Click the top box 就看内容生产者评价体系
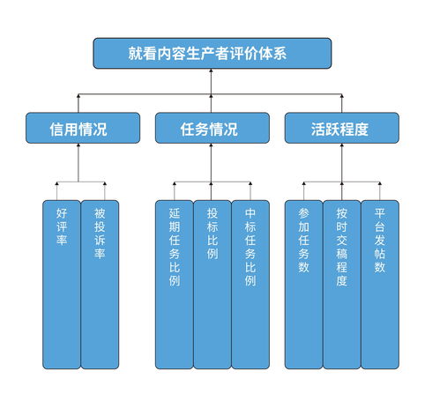[x=213, y=53]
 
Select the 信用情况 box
[x=78, y=128]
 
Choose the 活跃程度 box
[x=340, y=128]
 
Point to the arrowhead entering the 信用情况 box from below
[x=78, y=147]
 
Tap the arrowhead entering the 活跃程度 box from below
[x=340, y=147]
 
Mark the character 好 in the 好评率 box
[x=61, y=213]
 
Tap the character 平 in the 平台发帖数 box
[x=379, y=213]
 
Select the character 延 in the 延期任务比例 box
[x=174, y=213]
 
